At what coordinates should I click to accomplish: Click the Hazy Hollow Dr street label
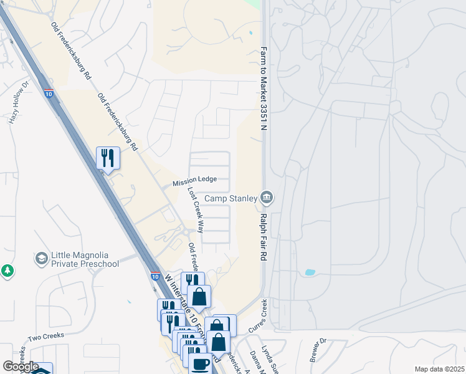click(x=18, y=102)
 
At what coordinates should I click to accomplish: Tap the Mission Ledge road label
click(x=194, y=180)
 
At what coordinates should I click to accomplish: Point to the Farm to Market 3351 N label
click(x=264, y=89)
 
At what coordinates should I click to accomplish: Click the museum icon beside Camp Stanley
click(x=266, y=198)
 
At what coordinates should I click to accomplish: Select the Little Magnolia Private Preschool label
click(x=85, y=259)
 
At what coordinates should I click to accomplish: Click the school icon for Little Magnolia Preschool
click(x=42, y=258)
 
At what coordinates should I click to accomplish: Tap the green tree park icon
click(x=7, y=271)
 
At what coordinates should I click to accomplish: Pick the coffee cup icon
click(x=200, y=363)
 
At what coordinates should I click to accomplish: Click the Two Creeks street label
click(x=42, y=337)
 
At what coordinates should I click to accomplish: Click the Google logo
click(x=21, y=367)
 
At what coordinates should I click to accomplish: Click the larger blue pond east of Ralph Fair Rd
click(x=310, y=272)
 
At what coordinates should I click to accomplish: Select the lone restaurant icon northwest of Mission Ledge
click(x=108, y=158)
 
